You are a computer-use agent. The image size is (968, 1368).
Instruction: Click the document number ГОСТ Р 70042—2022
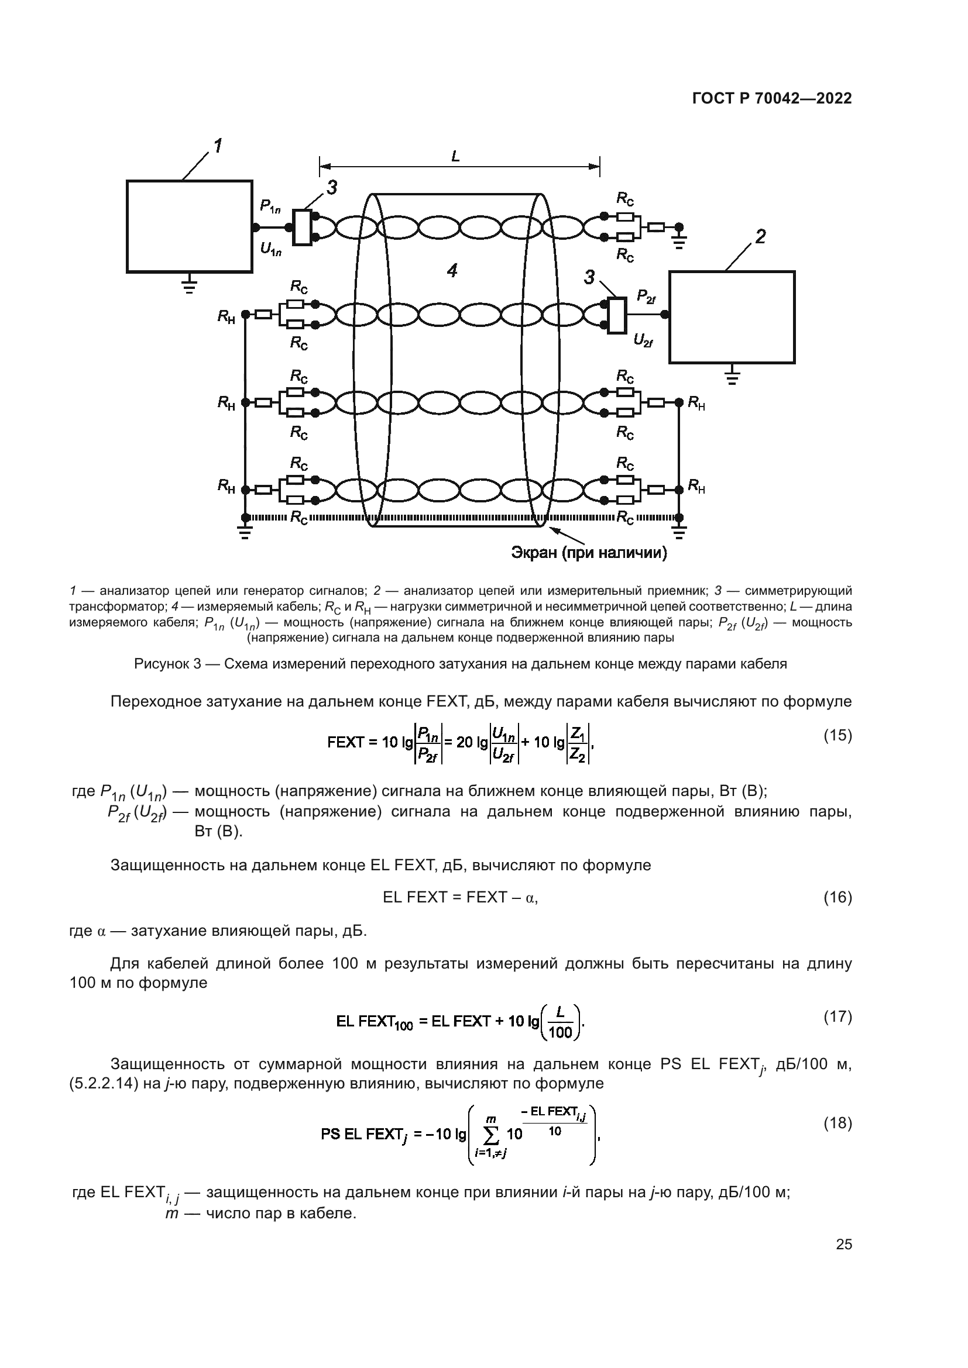(x=772, y=99)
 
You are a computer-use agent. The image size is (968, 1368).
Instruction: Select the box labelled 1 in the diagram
(x=189, y=226)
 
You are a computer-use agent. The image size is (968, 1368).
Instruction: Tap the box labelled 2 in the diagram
(x=732, y=317)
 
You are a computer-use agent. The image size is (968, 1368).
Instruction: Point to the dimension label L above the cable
(x=456, y=157)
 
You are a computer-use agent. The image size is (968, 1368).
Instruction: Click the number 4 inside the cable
(x=452, y=271)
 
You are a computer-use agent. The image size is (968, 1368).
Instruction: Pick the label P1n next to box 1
(x=270, y=206)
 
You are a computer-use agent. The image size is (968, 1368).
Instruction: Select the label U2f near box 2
(x=643, y=341)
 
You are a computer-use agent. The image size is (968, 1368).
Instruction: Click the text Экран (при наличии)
(x=589, y=553)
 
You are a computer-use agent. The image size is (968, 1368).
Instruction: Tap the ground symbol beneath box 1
(x=189, y=287)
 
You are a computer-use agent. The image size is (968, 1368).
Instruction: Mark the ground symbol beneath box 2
(x=733, y=377)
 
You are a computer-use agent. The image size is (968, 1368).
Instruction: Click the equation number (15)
(x=837, y=735)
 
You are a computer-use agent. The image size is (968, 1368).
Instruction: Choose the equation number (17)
(x=837, y=1016)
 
